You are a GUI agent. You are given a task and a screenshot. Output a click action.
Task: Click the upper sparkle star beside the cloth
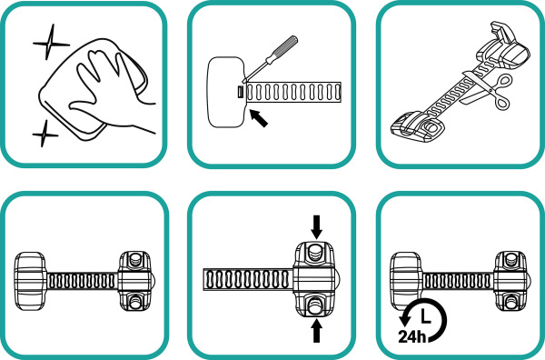point(50,43)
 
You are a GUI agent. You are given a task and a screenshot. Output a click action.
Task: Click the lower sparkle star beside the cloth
point(45,134)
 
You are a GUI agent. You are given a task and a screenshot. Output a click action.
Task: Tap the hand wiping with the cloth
point(110,94)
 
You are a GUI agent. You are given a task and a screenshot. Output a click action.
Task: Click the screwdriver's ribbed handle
point(283,49)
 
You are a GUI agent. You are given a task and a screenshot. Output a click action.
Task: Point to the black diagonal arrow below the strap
point(259,118)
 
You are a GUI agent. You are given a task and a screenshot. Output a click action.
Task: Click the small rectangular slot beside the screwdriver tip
point(240,92)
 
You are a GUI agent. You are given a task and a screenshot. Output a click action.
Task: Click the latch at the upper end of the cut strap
point(504,47)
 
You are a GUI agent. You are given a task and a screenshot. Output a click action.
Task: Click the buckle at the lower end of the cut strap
point(419,127)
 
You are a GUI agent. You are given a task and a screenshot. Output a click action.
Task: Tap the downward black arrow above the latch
point(316,226)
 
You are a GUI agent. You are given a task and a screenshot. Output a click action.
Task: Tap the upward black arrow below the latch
point(316,330)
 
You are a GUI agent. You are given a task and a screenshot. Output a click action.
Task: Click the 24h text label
point(412,336)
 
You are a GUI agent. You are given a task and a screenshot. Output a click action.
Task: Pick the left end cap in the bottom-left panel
point(30,281)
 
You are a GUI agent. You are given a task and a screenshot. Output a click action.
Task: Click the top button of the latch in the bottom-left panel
point(135,259)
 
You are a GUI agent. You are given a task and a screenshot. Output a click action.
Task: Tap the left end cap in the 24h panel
point(406,281)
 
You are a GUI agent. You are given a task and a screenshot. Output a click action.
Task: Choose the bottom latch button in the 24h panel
point(510,303)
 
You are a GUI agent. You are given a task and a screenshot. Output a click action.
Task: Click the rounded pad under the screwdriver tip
point(226,92)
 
